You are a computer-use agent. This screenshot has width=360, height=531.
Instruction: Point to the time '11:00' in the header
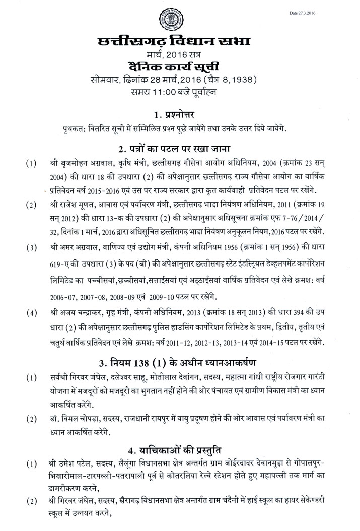[x=184, y=91]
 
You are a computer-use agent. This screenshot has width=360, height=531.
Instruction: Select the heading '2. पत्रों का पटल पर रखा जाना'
[x=180, y=149]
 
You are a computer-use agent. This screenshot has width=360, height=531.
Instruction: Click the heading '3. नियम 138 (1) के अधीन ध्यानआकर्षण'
[x=180, y=362]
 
